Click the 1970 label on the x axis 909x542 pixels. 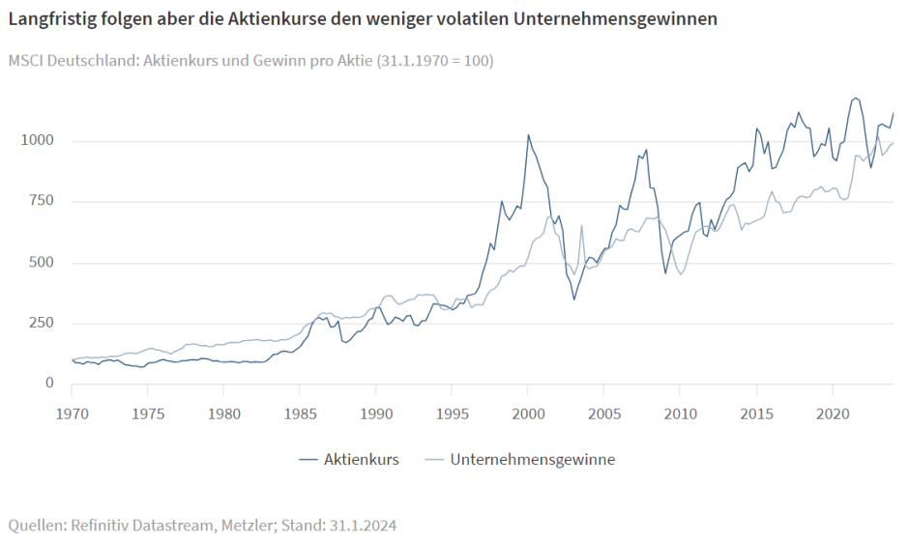tap(72, 414)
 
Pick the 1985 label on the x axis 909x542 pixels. tap(300, 414)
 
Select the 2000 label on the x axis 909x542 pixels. tap(528, 414)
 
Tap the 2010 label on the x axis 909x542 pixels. tap(680, 414)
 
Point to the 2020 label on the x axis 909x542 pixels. tap(832, 414)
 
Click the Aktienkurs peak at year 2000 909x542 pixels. tap(528, 134)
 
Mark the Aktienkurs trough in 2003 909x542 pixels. tap(573, 300)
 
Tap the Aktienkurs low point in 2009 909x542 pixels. tap(665, 273)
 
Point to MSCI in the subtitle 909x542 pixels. tap(26, 61)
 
